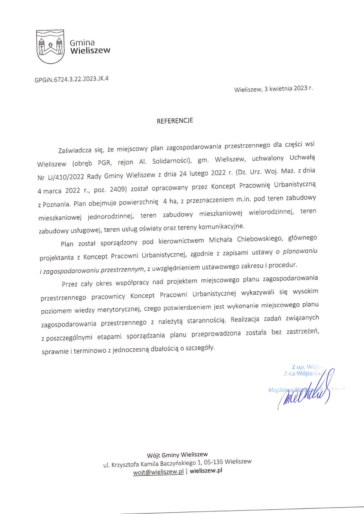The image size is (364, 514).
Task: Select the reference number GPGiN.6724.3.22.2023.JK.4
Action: (x=72, y=80)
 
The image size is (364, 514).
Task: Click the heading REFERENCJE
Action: (x=175, y=121)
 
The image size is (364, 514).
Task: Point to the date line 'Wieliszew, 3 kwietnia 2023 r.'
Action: (x=274, y=90)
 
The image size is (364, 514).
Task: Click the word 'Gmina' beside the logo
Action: (x=82, y=43)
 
